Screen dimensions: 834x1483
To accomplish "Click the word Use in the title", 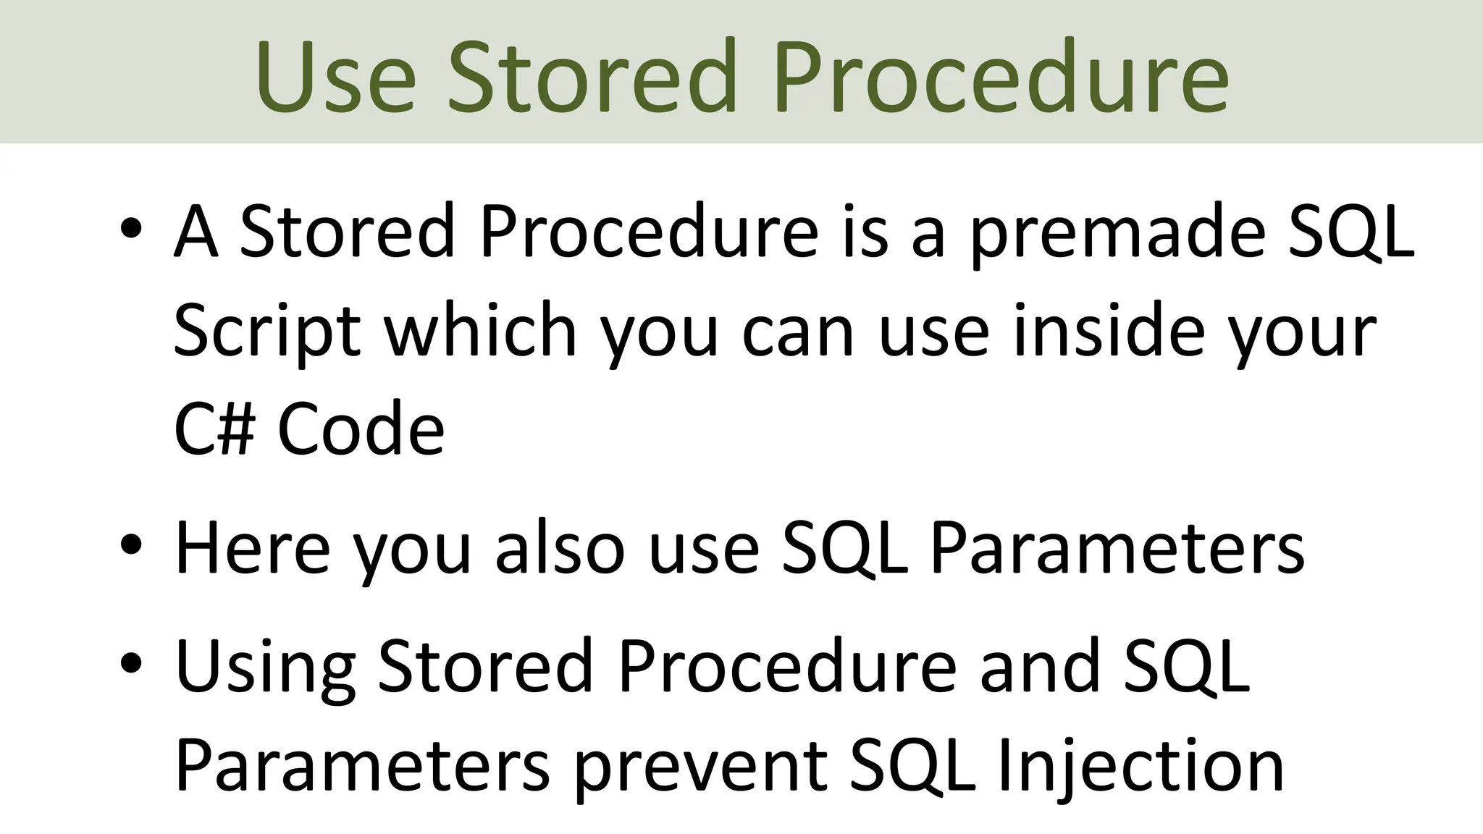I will point(335,77).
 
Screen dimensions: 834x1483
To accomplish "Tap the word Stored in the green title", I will point(591,77).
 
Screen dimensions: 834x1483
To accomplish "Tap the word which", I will point(479,331).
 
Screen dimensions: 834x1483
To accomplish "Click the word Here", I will point(253,549).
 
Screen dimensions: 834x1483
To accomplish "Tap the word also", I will point(558,549).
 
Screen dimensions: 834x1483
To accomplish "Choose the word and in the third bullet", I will point(1040,665).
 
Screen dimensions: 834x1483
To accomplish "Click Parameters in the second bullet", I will point(1117,549).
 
